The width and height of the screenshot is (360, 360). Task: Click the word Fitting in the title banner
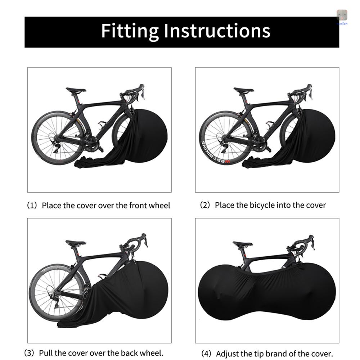click(x=130, y=31)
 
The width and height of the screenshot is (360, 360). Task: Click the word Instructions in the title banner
click(x=217, y=31)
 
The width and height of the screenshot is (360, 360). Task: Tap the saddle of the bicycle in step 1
click(x=76, y=90)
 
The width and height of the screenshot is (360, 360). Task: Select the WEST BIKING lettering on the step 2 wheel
click(x=214, y=153)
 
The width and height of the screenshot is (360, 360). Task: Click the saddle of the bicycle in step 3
click(x=76, y=243)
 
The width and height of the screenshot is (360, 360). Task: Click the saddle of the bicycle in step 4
click(x=243, y=244)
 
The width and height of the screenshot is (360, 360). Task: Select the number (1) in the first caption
click(x=32, y=206)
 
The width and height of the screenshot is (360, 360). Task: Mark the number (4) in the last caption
click(x=207, y=354)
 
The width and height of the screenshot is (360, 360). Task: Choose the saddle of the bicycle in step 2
click(x=244, y=90)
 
